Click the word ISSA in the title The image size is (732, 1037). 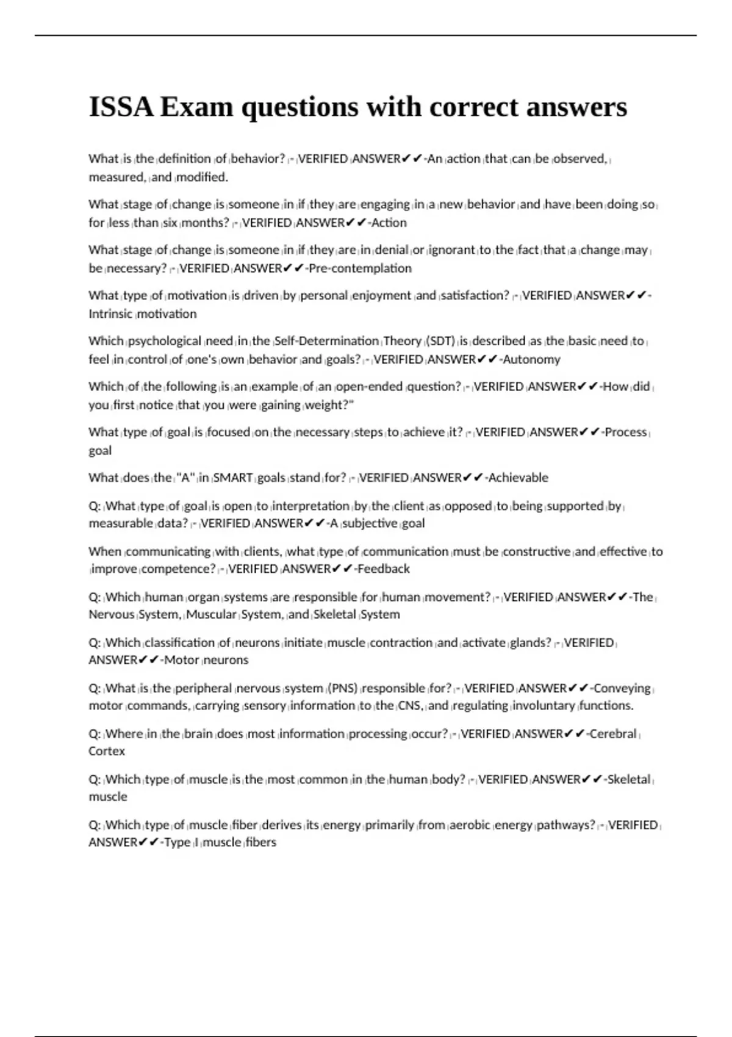pyautogui.click(x=121, y=107)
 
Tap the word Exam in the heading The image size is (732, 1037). pyautogui.click(x=197, y=107)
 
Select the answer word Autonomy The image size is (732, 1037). pyautogui.click(x=531, y=359)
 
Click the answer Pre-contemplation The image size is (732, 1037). pyautogui.click(x=361, y=268)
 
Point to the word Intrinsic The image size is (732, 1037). pyautogui.click(x=110, y=314)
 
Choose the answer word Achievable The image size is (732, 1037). pyautogui.click(x=518, y=478)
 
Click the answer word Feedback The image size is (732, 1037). pyautogui.click(x=384, y=569)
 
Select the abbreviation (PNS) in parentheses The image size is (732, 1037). pyautogui.click(x=343, y=689)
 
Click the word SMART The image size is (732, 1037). pyautogui.click(x=233, y=478)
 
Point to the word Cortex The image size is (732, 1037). pyautogui.click(x=107, y=752)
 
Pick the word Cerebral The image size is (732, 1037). pyautogui.click(x=613, y=734)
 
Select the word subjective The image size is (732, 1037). pyautogui.click(x=370, y=523)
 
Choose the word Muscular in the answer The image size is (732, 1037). pyautogui.click(x=211, y=615)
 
